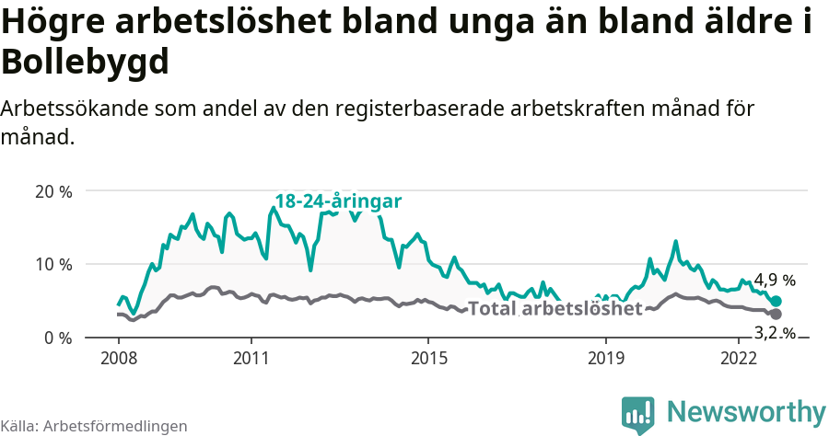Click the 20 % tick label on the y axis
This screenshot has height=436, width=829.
pyautogui.click(x=53, y=191)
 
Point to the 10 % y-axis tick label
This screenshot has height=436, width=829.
pyautogui.click(x=53, y=265)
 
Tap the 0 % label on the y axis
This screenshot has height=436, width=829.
pyautogui.click(x=57, y=338)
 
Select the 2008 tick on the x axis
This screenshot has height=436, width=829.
pyautogui.click(x=118, y=356)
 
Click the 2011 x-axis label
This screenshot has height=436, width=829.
pyautogui.click(x=251, y=356)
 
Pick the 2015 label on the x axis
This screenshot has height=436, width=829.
pyautogui.click(x=428, y=356)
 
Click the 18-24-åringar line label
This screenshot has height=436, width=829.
pyautogui.click(x=338, y=201)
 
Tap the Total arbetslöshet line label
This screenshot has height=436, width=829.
pyautogui.click(x=555, y=309)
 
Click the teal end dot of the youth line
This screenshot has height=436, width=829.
pyautogui.click(x=776, y=301)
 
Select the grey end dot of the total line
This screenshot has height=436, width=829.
pyautogui.click(x=776, y=314)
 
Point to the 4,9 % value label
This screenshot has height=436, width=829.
pyautogui.click(x=775, y=280)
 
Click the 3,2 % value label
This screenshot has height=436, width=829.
pyautogui.click(x=775, y=332)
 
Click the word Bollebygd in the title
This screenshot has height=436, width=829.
pyautogui.click(x=86, y=63)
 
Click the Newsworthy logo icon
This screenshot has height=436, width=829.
pyautogui.click(x=638, y=414)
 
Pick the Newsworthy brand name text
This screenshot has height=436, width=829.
pyautogui.click(x=746, y=411)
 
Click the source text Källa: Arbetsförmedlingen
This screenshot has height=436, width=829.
pyautogui.click(x=94, y=426)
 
